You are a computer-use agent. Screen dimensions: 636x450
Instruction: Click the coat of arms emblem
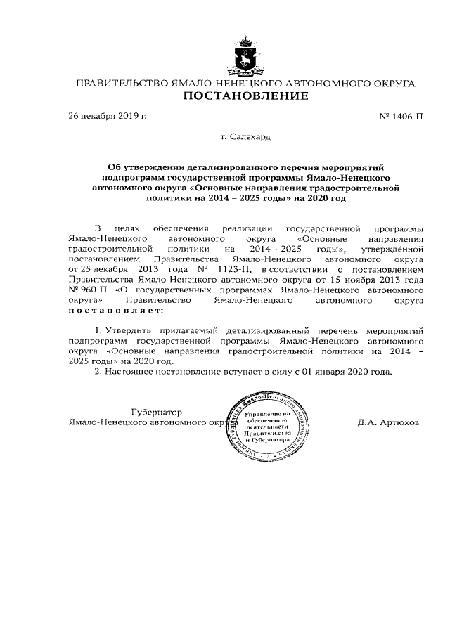pos(245,56)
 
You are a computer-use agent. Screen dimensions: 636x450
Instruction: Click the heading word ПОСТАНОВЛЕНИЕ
pos(245,96)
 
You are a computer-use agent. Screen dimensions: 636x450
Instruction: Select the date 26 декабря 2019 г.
pos(108,115)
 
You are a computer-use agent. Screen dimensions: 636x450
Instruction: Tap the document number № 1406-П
pos(401,115)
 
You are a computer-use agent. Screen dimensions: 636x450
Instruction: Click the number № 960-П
pos(84,290)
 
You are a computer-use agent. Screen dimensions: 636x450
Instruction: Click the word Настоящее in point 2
pos(134,371)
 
